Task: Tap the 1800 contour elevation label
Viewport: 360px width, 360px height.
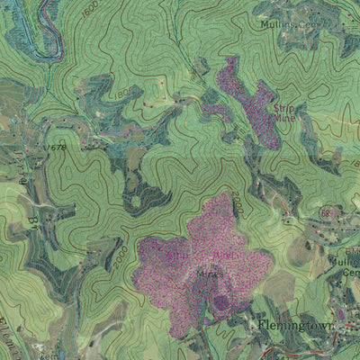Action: click(121, 94)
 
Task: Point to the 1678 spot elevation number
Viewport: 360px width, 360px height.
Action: click(57, 147)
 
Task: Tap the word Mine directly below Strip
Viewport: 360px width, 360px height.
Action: click(284, 117)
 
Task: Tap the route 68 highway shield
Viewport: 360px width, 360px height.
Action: click(324, 212)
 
